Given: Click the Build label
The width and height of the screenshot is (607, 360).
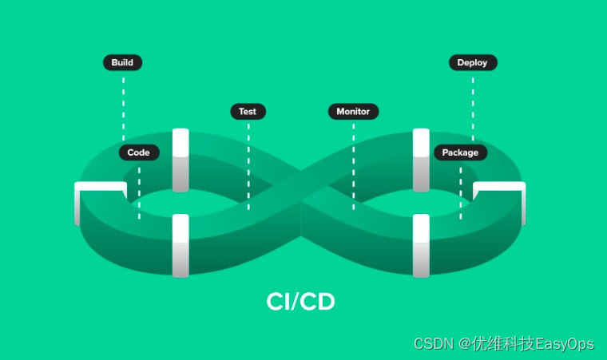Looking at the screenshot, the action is click(x=122, y=62).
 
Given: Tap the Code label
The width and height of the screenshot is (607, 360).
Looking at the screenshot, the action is click(x=139, y=152).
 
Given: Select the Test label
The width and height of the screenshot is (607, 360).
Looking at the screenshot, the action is click(x=248, y=112).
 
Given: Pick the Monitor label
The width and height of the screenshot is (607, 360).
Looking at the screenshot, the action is click(x=353, y=112).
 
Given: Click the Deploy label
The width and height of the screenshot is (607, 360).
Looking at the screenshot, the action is click(x=473, y=62).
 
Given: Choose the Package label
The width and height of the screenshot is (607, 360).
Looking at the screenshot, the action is click(x=460, y=152).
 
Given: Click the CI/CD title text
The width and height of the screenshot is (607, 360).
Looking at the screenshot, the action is click(x=300, y=302).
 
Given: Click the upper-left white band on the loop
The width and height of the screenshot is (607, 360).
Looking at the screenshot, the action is click(x=181, y=160).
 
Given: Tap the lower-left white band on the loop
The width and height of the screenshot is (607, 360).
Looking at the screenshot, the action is click(x=181, y=245).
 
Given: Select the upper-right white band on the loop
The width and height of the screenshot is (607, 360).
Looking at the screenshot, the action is click(x=421, y=160).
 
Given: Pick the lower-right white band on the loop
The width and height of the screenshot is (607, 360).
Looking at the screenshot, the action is click(x=421, y=245).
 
